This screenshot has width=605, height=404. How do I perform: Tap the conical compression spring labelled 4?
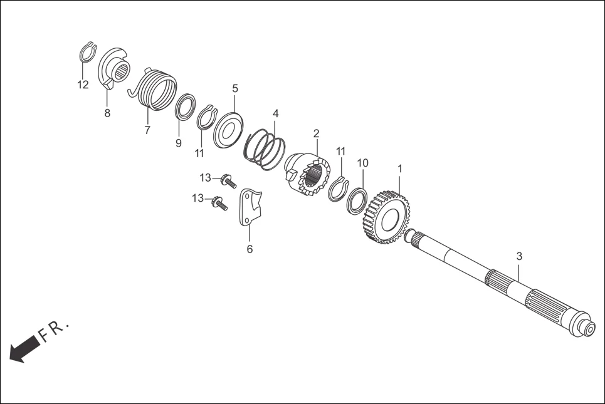click(x=265, y=150)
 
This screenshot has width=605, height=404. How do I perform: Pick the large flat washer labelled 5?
click(x=228, y=130)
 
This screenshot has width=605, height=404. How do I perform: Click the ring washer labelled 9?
click(x=186, y=106)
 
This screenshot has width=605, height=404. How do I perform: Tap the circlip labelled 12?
click(x=88, y=51)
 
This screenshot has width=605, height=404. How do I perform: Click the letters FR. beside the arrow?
click(x=54, y=331)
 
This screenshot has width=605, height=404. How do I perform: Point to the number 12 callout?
click(x=83, y=85)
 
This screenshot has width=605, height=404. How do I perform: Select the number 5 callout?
click(x=235, y=89)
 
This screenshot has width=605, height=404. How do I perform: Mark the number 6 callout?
click(x=250, y=249)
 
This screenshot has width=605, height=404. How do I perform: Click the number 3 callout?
click(x=519, y=256)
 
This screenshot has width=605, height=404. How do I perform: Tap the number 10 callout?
click(x=363, y=163)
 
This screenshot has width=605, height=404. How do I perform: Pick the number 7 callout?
click(x=147, y=130)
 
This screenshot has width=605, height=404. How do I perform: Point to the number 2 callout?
click(x=317, y=134)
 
